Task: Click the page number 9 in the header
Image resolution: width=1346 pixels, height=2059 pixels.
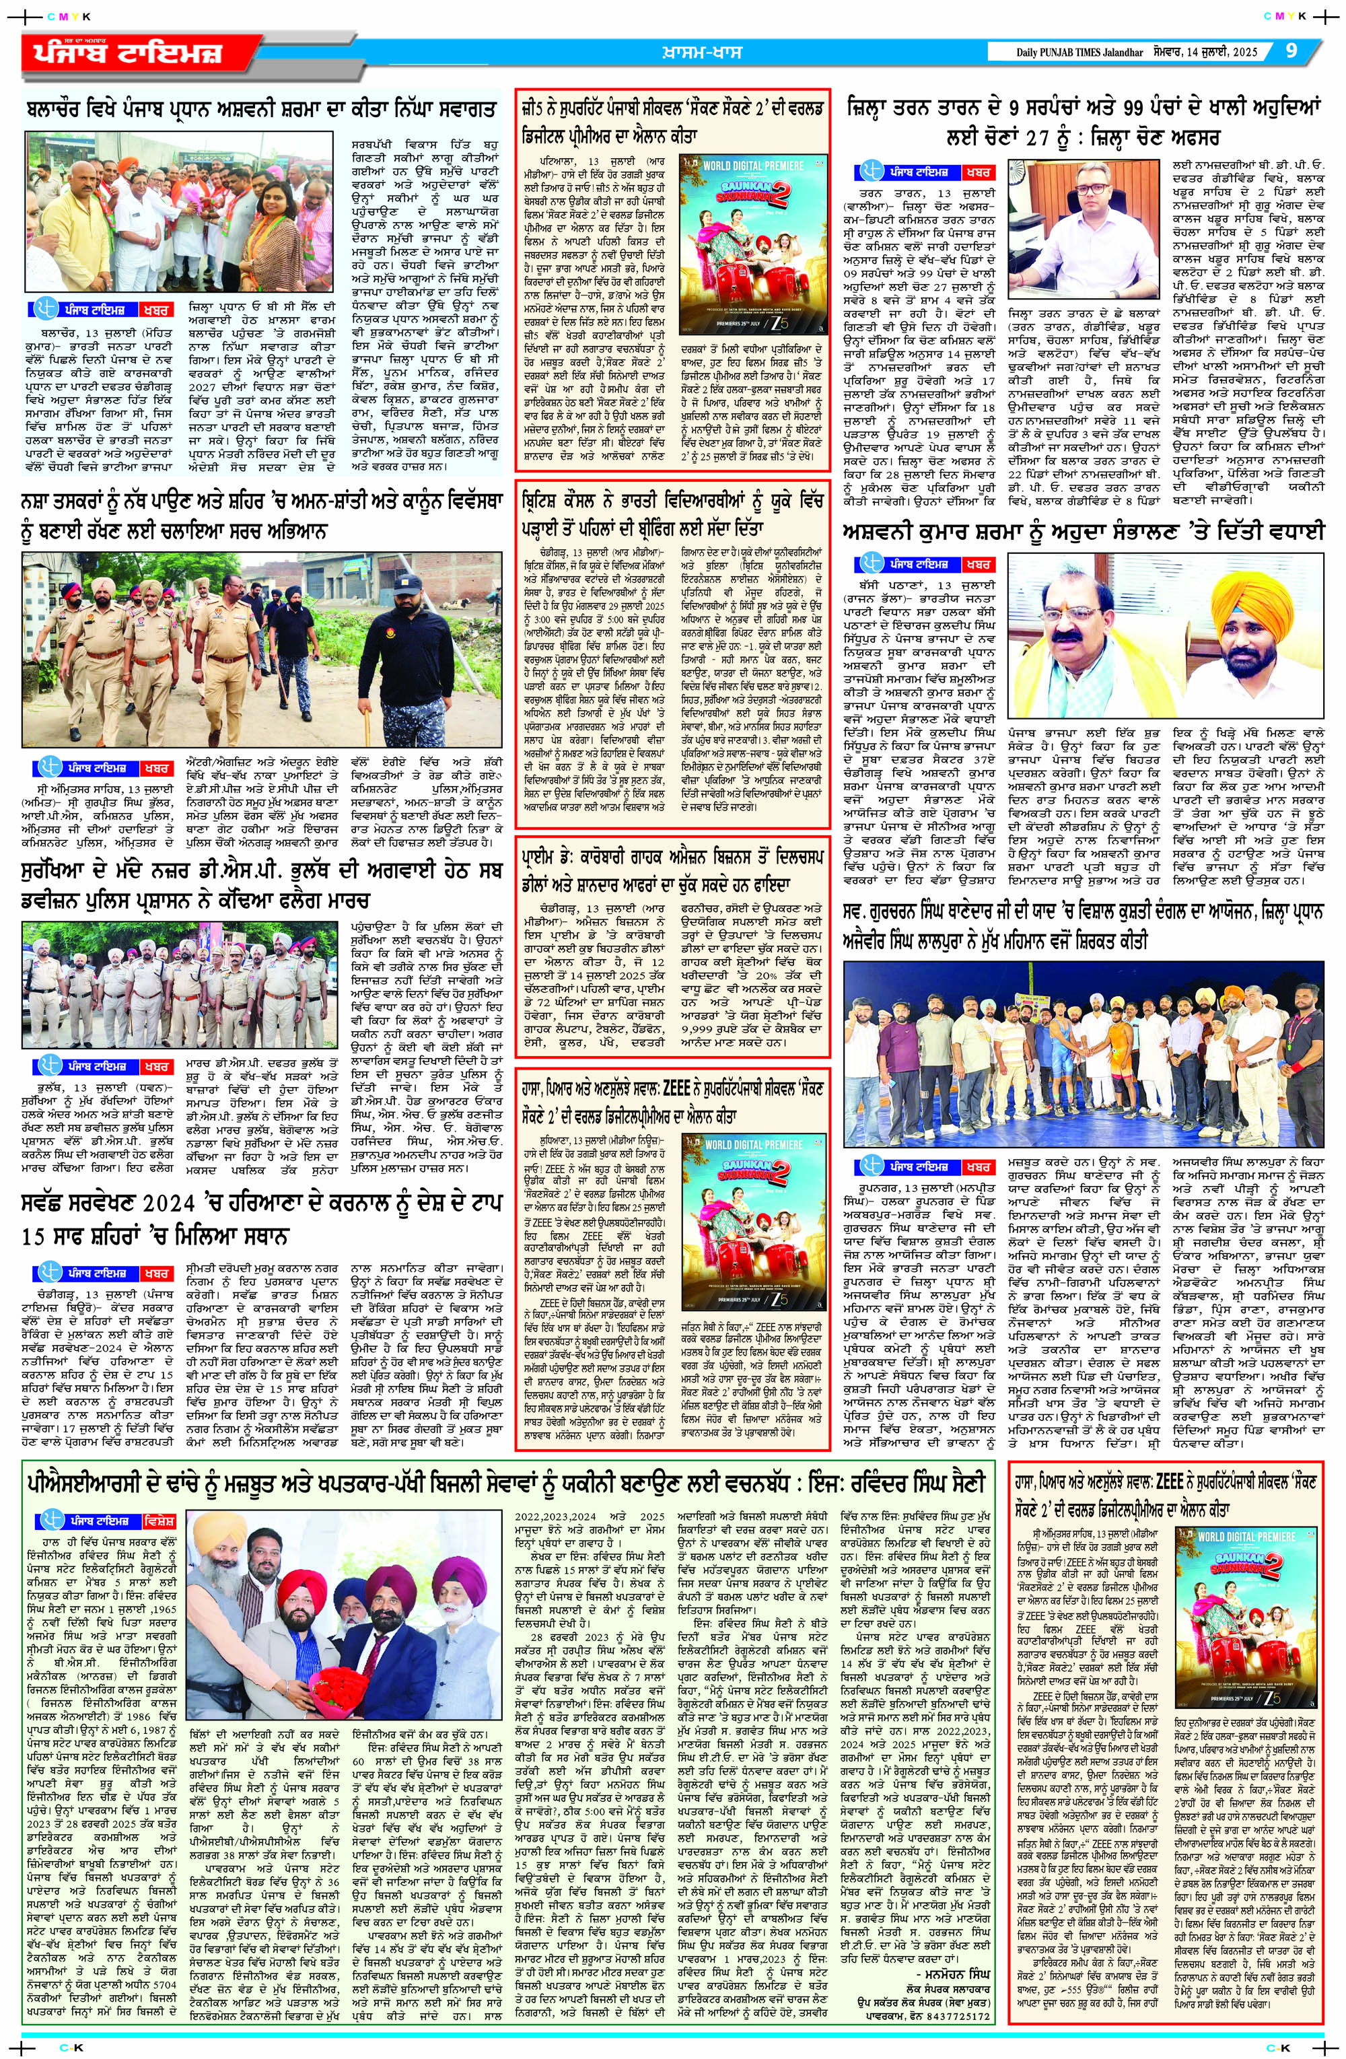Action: point(1291,50)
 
